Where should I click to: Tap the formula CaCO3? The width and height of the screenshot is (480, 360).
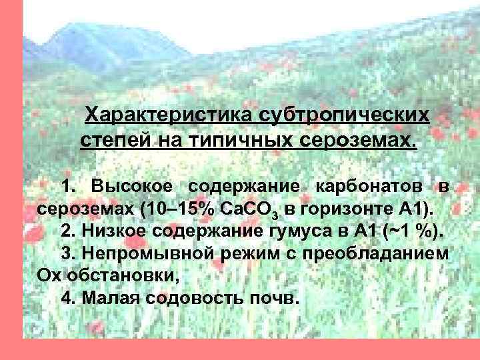coord(248,209)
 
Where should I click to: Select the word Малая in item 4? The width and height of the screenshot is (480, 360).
coord(109,297)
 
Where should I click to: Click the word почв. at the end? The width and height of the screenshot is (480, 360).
coord(273,297)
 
